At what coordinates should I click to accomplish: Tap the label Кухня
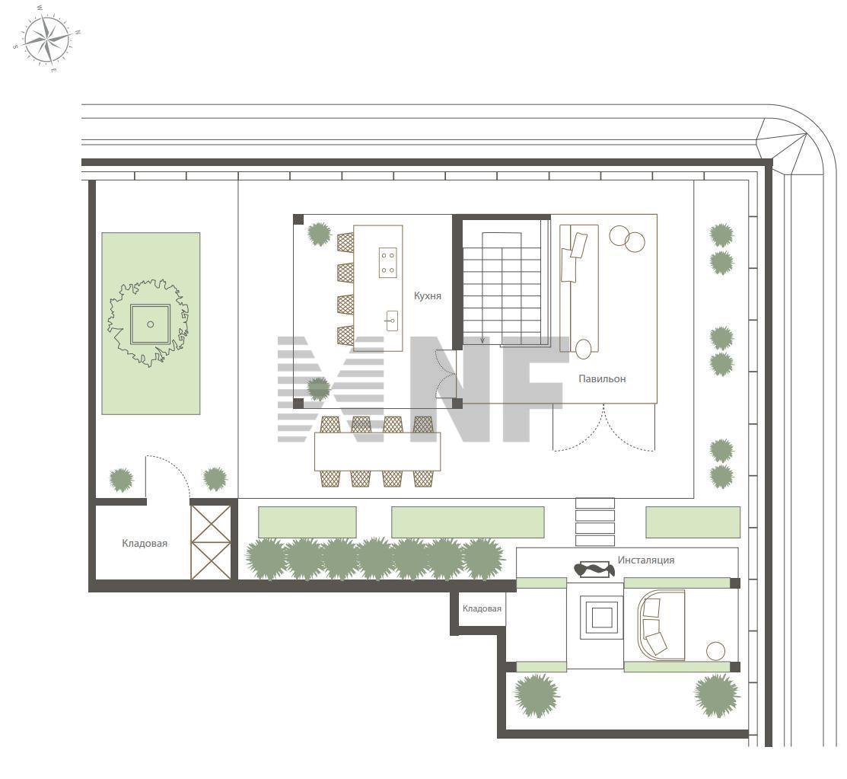point(427,295)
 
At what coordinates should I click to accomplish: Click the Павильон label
point(602,379)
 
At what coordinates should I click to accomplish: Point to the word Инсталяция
point(646,560)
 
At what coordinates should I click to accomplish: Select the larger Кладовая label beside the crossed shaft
point(145,543)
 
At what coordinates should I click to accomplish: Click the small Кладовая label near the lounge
point(482,608)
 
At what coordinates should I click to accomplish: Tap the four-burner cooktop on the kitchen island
point(388,262)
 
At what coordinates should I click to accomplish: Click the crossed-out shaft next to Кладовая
point(212,542)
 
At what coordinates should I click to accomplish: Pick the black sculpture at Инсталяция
point(594,570)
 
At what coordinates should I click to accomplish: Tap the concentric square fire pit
point(601,617)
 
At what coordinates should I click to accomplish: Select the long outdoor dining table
point(377,452)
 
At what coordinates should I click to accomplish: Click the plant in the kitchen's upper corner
point(320,234)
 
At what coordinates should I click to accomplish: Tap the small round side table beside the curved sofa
point(716,651)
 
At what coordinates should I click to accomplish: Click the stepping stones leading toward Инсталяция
point(595,522)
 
